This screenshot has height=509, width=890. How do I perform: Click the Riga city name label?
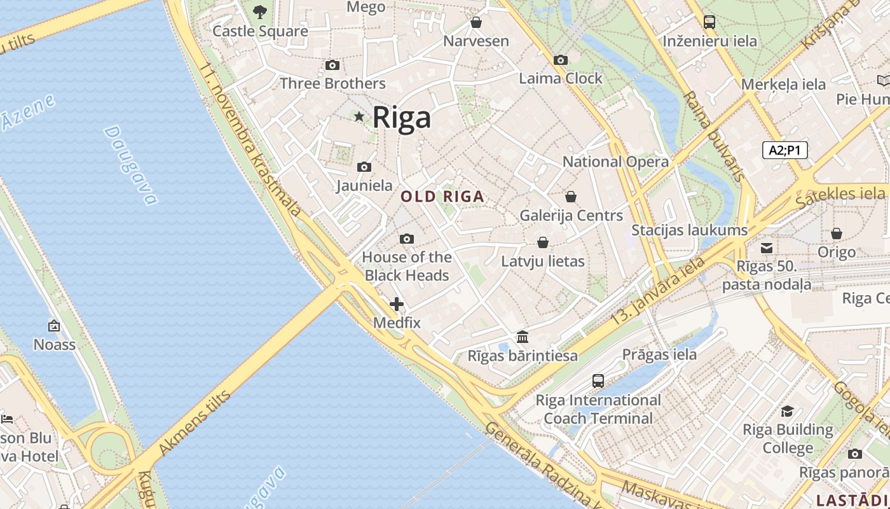[401, 118]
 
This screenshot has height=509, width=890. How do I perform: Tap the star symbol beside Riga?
[359, 116]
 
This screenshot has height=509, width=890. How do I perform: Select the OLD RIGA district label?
[442, 197]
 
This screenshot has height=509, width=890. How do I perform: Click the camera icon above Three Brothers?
[332, 65]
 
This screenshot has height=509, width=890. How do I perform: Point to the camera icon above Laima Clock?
[560, 60]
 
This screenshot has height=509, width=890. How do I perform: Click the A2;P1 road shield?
[784, 150]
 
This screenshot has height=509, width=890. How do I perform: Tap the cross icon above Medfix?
[397, 304]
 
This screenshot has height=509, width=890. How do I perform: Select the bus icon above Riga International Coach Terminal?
[598, 381]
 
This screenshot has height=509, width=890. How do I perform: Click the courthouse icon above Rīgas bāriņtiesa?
[523, 337]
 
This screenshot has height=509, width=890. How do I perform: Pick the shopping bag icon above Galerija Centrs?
[571, 197]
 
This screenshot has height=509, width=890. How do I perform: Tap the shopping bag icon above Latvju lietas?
[543, 242]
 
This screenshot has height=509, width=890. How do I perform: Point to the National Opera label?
[615, 162]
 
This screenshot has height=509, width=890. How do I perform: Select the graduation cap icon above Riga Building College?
[788, 411]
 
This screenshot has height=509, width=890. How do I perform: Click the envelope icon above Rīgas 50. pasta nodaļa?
[767, 248]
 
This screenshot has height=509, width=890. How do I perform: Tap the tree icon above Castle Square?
[260, 11]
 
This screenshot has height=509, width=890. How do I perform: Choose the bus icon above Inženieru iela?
[709, 22]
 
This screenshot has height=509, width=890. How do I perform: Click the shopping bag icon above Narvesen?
[476, 23]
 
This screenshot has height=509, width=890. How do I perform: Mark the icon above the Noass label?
[54, 326]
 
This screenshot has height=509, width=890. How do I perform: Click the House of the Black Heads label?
[407, 266]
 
